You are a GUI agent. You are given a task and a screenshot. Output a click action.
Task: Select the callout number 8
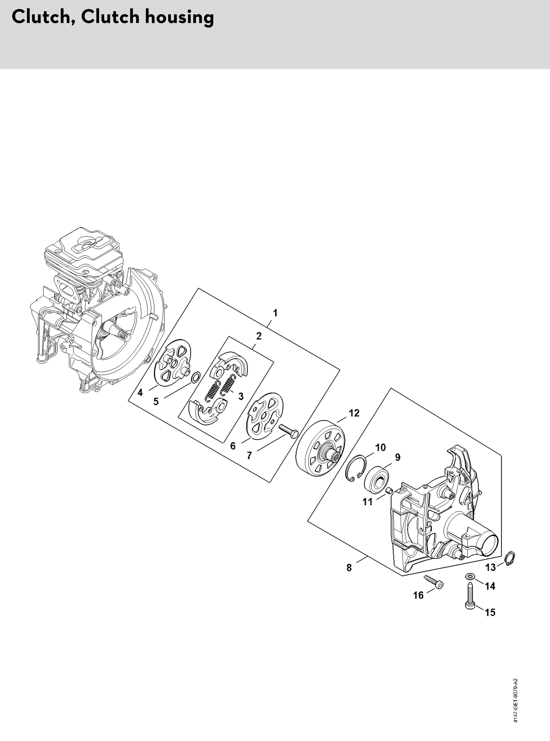tap(349, 567)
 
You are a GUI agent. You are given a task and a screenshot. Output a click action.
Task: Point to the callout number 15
tap(490, 612)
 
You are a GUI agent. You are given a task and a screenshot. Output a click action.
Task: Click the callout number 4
tap(140, 393)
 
